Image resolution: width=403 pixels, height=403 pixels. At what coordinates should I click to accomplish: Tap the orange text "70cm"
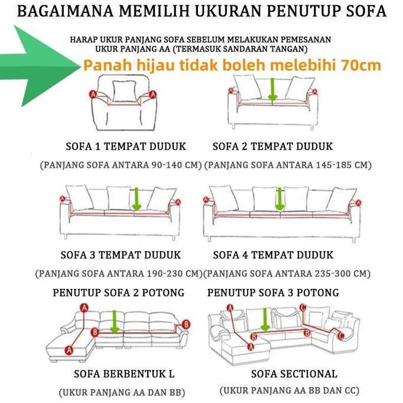click(362, 65)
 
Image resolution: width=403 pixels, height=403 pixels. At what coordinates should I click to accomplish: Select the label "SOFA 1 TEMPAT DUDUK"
click(125, 146)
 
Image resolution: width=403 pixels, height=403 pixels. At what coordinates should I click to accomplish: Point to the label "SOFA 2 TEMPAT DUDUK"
click(272, 146)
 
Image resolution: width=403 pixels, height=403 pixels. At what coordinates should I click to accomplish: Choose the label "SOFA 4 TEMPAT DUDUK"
click(272, 255)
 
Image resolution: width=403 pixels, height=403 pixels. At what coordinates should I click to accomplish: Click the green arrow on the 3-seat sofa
click(136, 199)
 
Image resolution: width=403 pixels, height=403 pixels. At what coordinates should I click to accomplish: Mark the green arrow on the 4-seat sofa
click(279, 199)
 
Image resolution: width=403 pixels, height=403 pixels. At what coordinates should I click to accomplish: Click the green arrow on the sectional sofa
click(265, 319)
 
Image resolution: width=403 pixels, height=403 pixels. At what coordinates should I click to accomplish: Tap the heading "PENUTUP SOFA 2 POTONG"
click(118, 292)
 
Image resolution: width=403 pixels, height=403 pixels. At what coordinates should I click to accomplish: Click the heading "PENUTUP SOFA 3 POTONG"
click(273, 292)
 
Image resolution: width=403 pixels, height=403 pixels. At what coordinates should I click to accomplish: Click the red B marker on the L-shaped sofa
click(186, 324)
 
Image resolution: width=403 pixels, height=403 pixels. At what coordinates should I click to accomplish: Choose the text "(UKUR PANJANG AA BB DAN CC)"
click(289, 391)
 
